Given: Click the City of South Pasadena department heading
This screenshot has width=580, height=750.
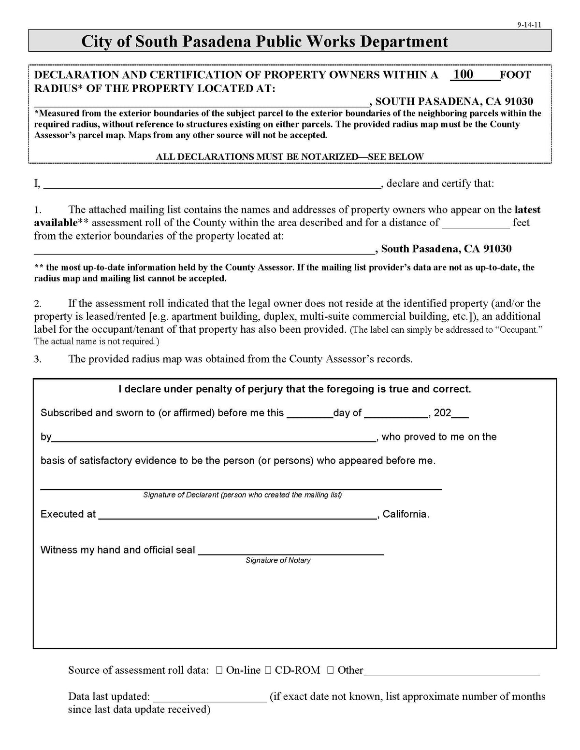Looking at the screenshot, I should (x=264, y=42).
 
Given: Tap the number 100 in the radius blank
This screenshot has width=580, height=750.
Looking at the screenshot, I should (x=464, y=74).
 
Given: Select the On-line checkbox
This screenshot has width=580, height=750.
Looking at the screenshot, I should (x=219, y=670).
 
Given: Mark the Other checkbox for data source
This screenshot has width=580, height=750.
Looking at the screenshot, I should (x=331, y=670).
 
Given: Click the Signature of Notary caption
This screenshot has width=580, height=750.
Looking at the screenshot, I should (x=278, y=560).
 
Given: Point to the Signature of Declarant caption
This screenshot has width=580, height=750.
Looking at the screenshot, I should (x=242, y=495).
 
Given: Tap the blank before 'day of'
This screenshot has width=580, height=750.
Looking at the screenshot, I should (x=309, y=415).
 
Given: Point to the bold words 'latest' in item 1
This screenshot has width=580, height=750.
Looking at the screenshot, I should (x=527, y=210).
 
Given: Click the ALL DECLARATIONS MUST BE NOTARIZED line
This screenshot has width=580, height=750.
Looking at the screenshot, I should (x=290, y=156).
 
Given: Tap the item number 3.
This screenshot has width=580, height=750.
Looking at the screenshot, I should (x=38, y=359).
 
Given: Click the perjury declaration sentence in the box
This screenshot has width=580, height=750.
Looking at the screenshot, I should (x=294, y=389).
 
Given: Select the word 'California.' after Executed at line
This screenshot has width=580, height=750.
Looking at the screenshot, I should (x=406, y=514).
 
